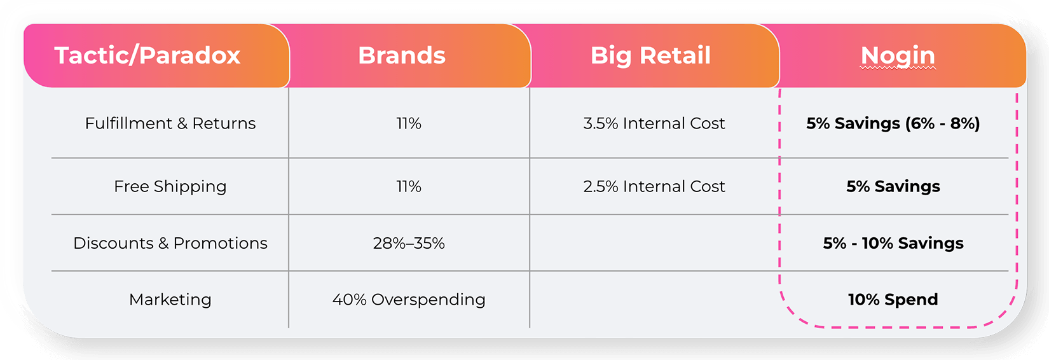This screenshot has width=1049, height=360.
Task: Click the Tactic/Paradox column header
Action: coord(147,55)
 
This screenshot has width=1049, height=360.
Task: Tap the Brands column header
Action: coord(402,55)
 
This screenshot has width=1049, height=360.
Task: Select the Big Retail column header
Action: coord(650,56)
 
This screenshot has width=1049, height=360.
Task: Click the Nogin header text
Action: coord(898,56)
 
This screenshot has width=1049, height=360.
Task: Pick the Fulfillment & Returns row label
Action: coord(170,123)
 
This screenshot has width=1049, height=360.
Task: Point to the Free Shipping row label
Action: coord(170,186)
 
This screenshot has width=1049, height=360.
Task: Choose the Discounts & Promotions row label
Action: coord(170,243)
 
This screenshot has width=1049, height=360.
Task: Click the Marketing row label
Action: coord(170,300)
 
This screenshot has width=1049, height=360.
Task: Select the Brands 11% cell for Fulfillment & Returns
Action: coord(409,123)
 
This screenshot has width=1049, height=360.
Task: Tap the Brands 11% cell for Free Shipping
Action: coord(409,186)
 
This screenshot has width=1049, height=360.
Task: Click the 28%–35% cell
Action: coord(409,243)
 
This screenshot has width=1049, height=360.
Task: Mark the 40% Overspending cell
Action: coord(409,300)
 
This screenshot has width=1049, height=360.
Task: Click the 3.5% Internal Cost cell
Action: coord(654,123)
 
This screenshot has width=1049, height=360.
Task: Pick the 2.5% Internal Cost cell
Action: coord(654,186)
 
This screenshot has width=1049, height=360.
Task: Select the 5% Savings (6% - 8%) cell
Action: coord(893,123)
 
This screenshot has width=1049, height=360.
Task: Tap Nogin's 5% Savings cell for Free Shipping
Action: coord(893,186)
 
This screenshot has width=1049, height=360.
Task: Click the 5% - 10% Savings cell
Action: coord(893,243)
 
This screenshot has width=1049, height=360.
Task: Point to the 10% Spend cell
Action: coord(893,300)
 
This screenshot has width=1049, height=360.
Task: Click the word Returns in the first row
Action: coord(224,123)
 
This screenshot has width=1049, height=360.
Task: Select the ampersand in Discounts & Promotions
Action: coord(163,243)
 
